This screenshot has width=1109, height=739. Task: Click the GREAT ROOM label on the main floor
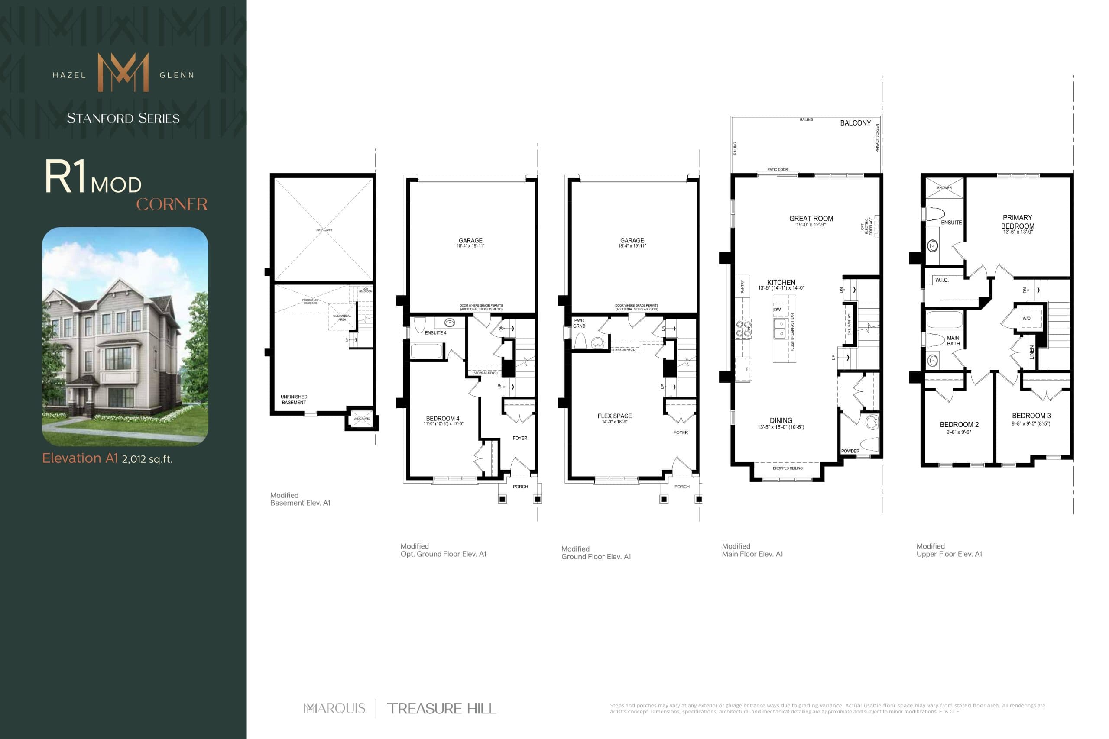(x=811, y=219)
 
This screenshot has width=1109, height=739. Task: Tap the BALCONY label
(x=855, y=123)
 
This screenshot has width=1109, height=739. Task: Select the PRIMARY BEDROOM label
(x=1018, y=222)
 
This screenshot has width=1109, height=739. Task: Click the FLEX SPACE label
(x=614, y=416)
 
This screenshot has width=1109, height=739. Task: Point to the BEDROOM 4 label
(x=442, y=419)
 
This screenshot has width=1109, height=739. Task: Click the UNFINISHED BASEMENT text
(x=294, y=400)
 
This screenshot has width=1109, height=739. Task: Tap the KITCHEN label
(x=781, y=283)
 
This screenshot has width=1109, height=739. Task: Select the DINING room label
(x=781, y=420)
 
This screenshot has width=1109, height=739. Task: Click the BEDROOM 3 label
(x=1031, y=416)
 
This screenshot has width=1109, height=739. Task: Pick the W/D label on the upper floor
(x=1026, y=319)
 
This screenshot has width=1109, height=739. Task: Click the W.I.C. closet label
(x=942, y=281)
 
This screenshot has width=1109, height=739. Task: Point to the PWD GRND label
(x=579, y=323)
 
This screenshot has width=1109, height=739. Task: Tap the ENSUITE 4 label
(x=435, y=333)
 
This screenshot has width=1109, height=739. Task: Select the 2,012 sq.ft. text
(x=147, y=459)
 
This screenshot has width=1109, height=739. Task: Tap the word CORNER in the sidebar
(x=172, y=204)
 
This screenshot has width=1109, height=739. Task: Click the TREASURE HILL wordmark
(x=441, y=708)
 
